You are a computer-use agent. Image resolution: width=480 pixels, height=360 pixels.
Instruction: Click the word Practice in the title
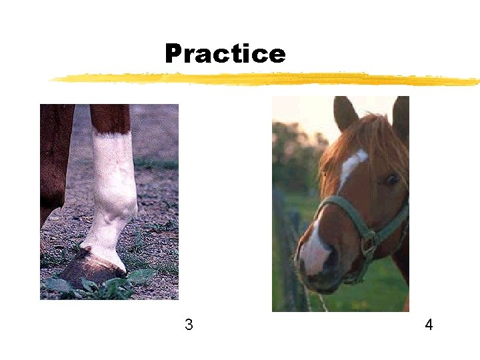225,53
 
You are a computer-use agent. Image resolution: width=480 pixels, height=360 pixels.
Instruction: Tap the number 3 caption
189,325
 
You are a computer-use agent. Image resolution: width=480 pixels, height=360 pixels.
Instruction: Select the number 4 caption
429,325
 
